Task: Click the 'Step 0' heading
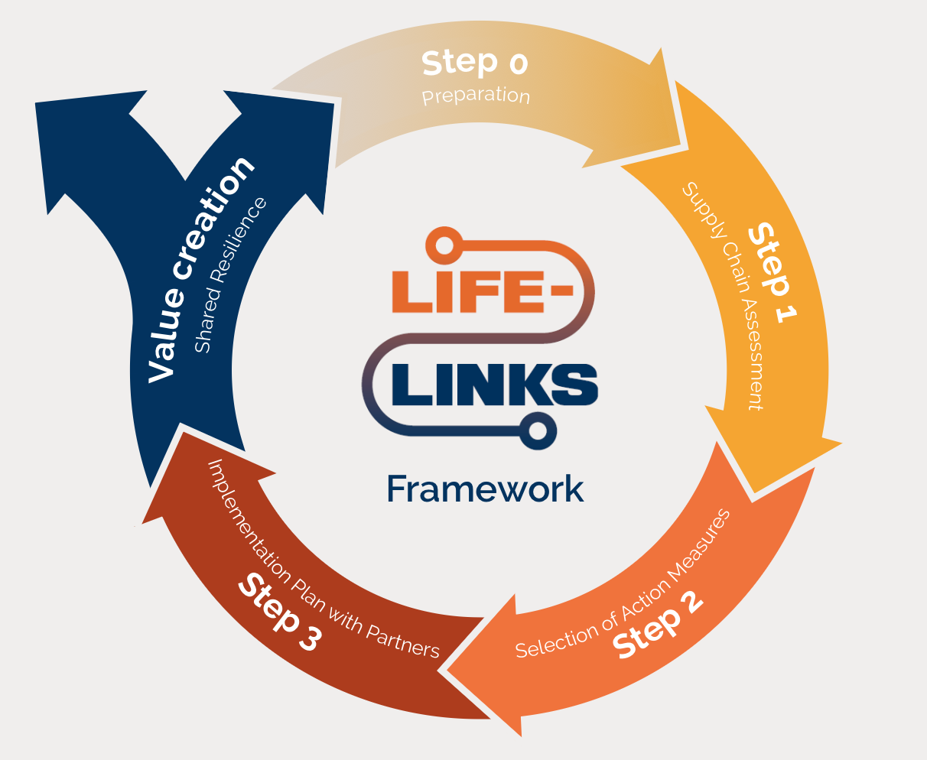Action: [474, 63]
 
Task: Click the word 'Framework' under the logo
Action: [485, 489]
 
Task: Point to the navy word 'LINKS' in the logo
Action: [494, 383]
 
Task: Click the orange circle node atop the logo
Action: [441, 244]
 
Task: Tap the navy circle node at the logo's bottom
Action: [538, 430]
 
